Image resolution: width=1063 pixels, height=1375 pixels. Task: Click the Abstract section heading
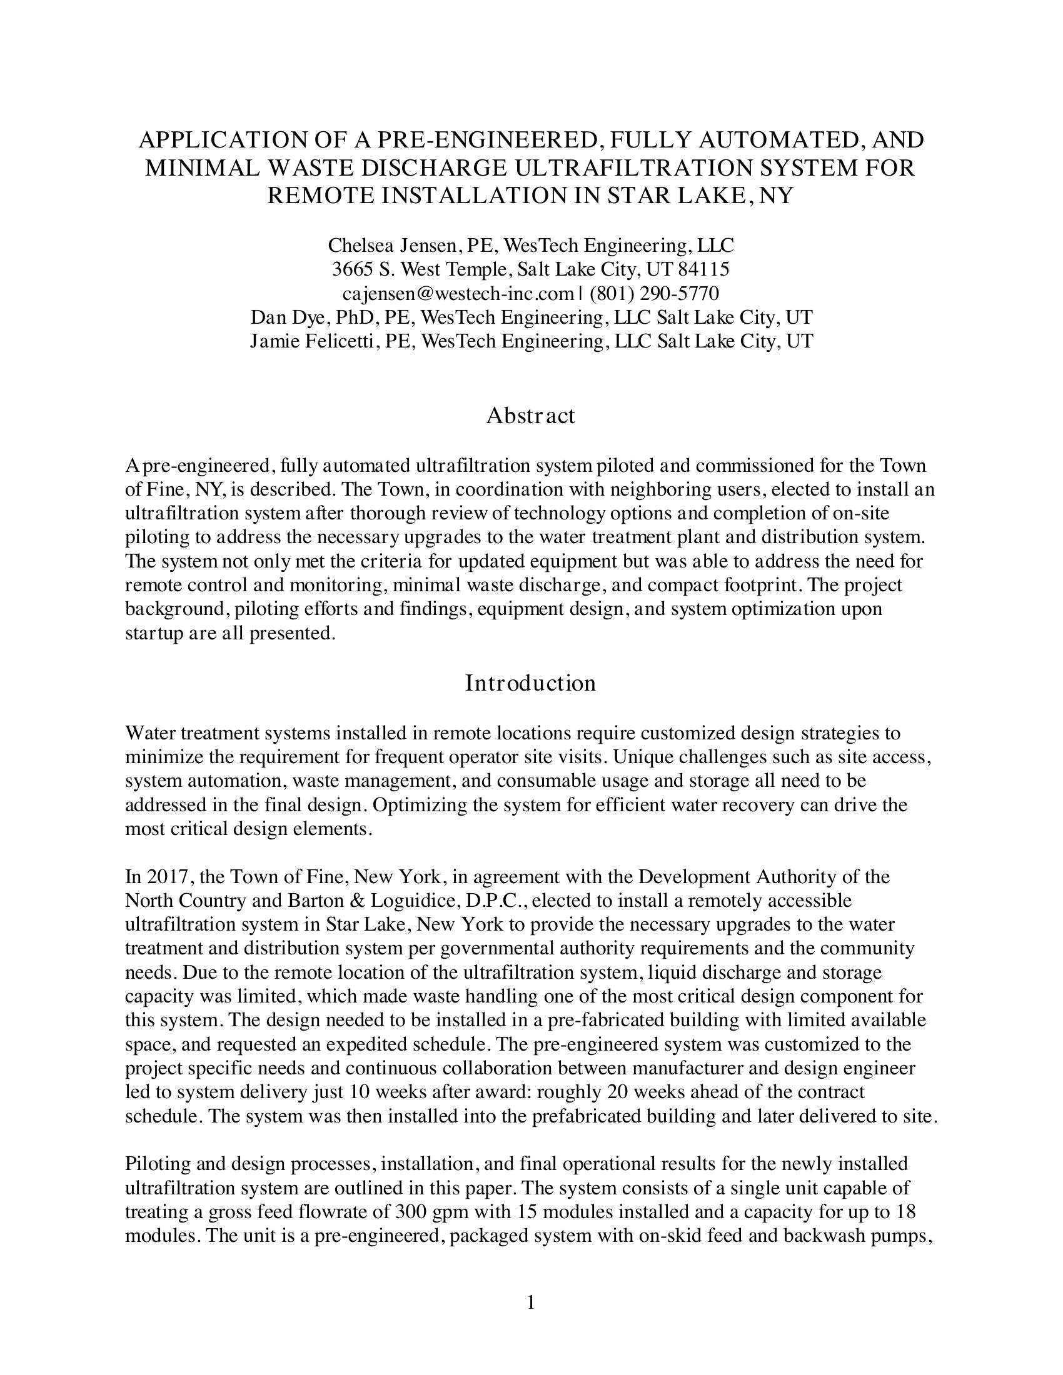point(530,416)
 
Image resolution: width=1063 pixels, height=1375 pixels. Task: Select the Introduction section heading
point(530,683)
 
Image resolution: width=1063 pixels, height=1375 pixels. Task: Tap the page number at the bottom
point(530,1302)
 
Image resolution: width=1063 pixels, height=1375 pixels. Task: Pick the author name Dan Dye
point(281,317)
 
